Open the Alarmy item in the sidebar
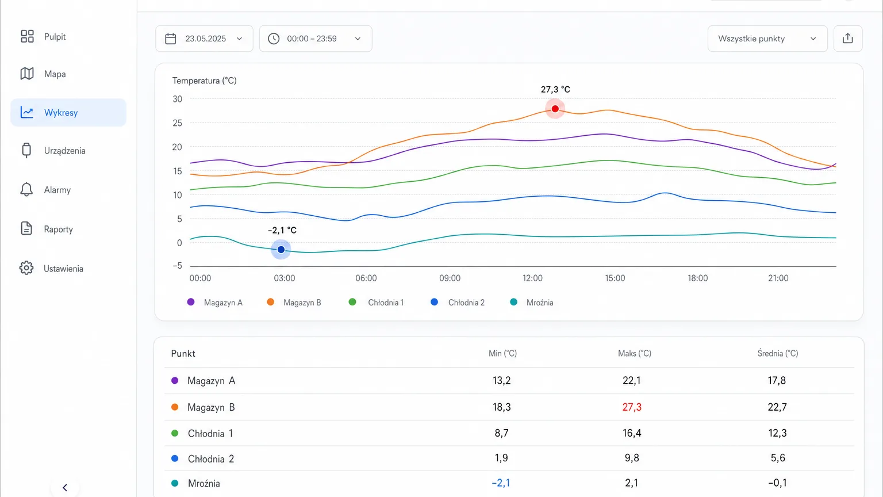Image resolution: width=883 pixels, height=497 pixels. point(45,190)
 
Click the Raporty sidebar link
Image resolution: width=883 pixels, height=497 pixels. point(47,229)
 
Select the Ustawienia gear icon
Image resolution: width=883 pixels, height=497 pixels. point(26,268)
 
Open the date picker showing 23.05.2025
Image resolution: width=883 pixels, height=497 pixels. point(204,39)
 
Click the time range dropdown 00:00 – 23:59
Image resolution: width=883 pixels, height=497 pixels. point(316,39)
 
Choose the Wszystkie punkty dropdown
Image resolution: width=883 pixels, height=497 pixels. point(767,39)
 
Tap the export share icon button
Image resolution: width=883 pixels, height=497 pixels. point(848,39)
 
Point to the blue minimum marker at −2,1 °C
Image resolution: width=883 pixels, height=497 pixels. point(281,250)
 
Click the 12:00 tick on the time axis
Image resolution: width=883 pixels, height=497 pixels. point(532,278)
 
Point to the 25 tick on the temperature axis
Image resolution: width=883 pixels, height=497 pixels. point(178,123)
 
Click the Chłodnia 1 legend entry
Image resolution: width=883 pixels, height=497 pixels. point(377,303)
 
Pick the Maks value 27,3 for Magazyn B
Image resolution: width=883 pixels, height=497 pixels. point(632,407)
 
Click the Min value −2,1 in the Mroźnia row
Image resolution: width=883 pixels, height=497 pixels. point(501,483)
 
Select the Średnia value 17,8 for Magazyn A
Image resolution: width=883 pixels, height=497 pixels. point(777,381)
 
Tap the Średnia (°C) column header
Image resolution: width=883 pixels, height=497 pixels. point(778,353)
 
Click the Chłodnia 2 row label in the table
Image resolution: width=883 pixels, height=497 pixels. point(211,458)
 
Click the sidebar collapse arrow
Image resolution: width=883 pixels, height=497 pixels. point(65,488)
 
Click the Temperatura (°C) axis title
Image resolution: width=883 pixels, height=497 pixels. point(204,81)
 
